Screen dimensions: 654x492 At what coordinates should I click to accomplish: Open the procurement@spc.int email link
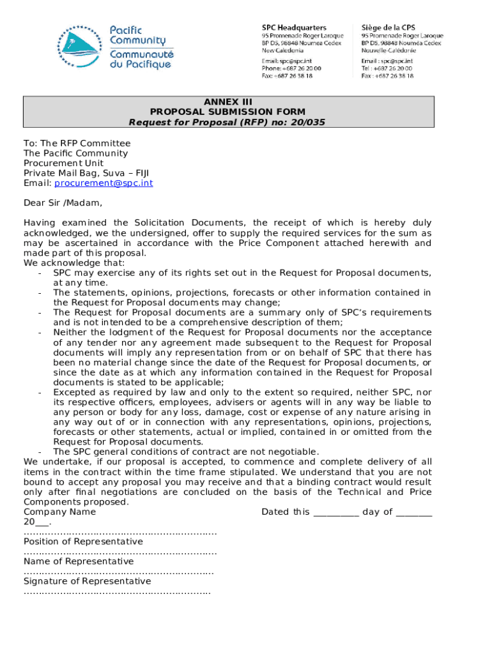[104, 183]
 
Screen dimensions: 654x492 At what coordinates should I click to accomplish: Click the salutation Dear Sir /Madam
[63, 203]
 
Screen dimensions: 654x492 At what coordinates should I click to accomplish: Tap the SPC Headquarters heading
[294, 27]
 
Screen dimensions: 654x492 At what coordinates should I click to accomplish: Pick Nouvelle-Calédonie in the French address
[388, 50]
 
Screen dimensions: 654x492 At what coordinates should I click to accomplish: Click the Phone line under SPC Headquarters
[291, 68]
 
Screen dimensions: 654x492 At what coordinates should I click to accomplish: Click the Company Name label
[59, 512]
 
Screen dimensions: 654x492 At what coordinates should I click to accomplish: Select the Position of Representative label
[83, 542]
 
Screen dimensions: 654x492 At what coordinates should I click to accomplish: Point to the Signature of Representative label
[87, 581]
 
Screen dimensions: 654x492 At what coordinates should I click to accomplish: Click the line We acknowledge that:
[74, 262]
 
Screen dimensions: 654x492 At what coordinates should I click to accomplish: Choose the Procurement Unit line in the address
[63, 163]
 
